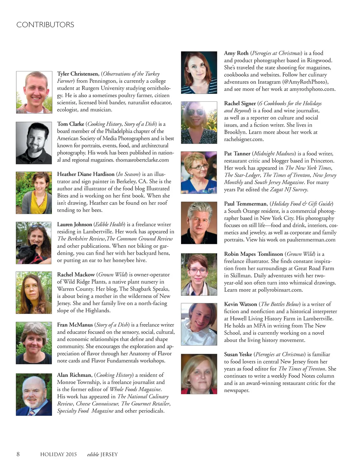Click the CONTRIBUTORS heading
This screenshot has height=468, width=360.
click(x=45, y=25)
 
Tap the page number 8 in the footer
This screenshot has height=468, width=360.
click(x=18, y=454)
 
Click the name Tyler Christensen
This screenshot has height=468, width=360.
click(x=78, y=74)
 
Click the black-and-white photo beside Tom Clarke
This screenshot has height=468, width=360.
click(x=34, y=143)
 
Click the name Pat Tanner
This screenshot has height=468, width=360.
click(x=237, y=154)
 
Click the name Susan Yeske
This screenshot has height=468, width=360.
click(x=238, y=354)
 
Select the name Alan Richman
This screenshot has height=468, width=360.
click(x=75, y=375)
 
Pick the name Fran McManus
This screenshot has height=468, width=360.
click(x=75, y=325)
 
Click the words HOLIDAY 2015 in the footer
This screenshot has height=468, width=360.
click(x=58, y=454)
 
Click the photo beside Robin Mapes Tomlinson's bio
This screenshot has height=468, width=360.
click(x=199, y=274)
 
